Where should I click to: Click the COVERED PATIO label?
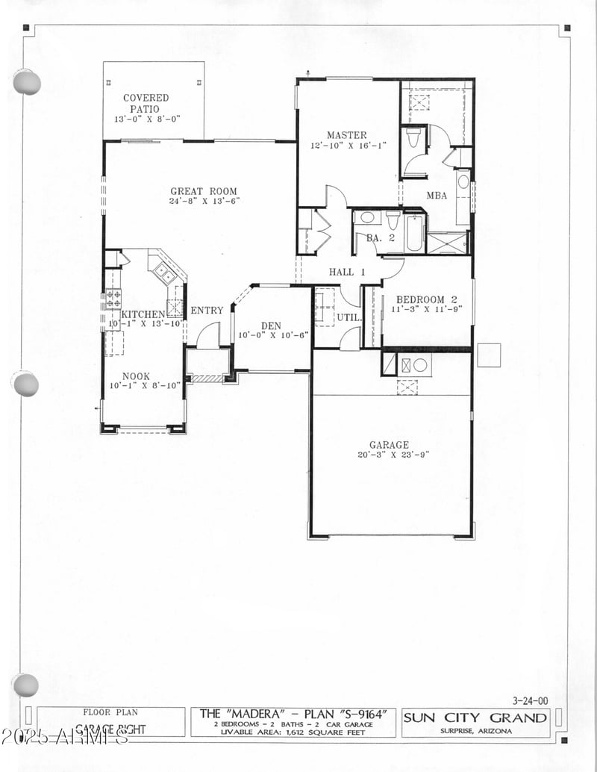click(146, 103)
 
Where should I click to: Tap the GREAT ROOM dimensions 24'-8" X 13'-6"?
click(204, 202)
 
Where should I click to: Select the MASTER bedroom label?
click(346, 135)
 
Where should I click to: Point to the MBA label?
click(437, 196)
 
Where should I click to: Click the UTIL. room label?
click(348, 317)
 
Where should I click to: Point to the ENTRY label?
click(207, 311)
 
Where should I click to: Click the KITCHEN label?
click(143, 314)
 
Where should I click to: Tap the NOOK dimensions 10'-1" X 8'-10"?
click(135, 387)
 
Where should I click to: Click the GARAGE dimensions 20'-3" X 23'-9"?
click(388, 454)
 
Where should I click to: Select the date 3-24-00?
click(530, 700)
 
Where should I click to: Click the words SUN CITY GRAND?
click(475, 718)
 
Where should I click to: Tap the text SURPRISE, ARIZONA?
click(475, 732)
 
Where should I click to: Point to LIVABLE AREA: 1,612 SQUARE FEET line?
click(293, 732)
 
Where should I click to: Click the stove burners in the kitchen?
click(113, 298)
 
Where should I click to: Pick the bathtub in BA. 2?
click(414, 233)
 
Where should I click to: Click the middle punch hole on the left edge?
click(25, 384)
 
